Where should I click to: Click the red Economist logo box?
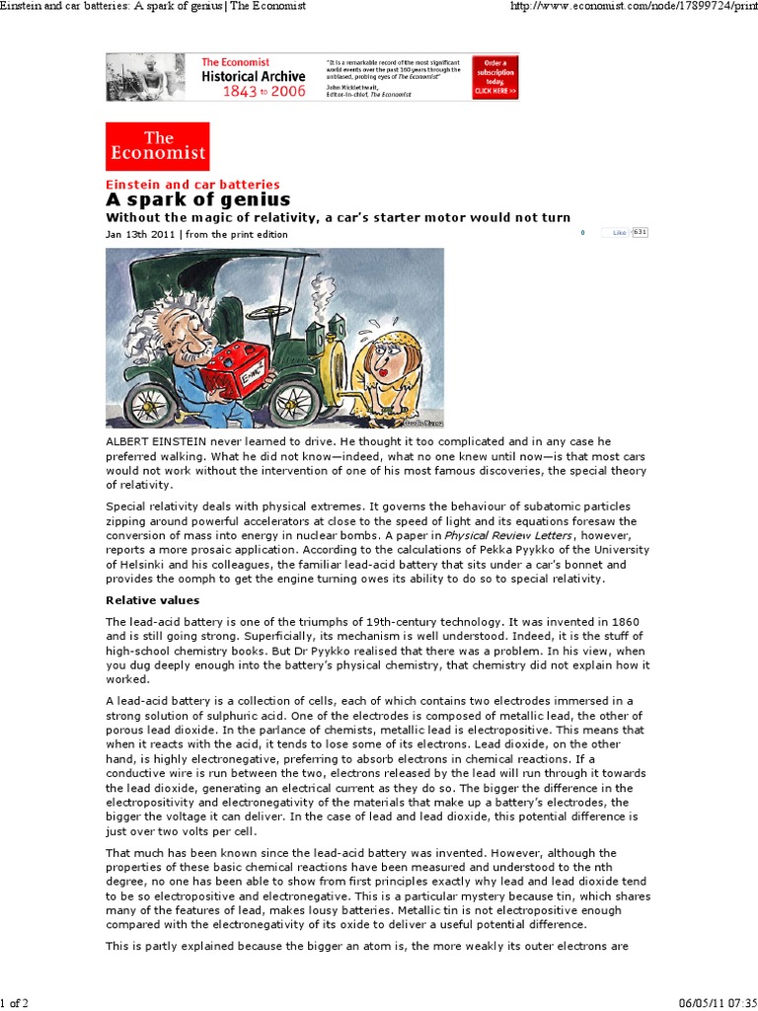(158, 146)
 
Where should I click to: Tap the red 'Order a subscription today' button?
(494, 76)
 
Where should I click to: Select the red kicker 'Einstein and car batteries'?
(192, 184)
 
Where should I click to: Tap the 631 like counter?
(640, 233)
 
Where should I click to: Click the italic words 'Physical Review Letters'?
(493, 535)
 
